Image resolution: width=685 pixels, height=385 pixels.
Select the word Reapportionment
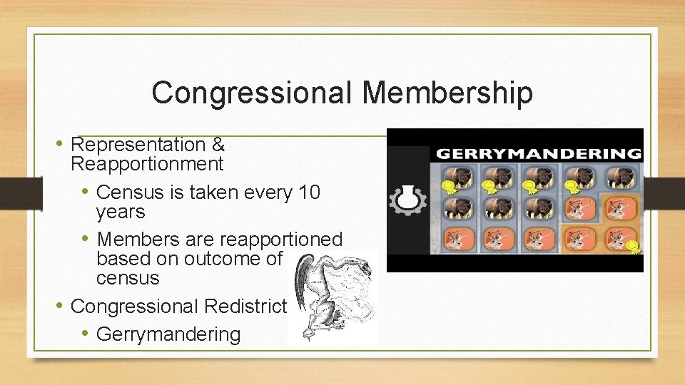pos(148,165)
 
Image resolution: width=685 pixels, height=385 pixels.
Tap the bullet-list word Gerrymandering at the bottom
pos(168,334)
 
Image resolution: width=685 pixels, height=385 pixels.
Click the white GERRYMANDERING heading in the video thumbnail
pos(538,153)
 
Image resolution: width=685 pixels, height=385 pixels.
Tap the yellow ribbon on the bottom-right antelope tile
pos(633,247)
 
